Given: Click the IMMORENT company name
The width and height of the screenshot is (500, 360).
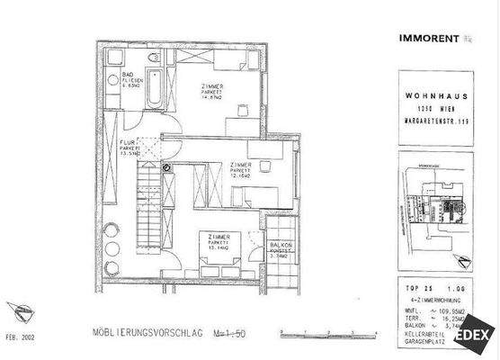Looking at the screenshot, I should point(429,38).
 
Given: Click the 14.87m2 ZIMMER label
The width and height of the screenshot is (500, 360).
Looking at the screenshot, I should point(212,93).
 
